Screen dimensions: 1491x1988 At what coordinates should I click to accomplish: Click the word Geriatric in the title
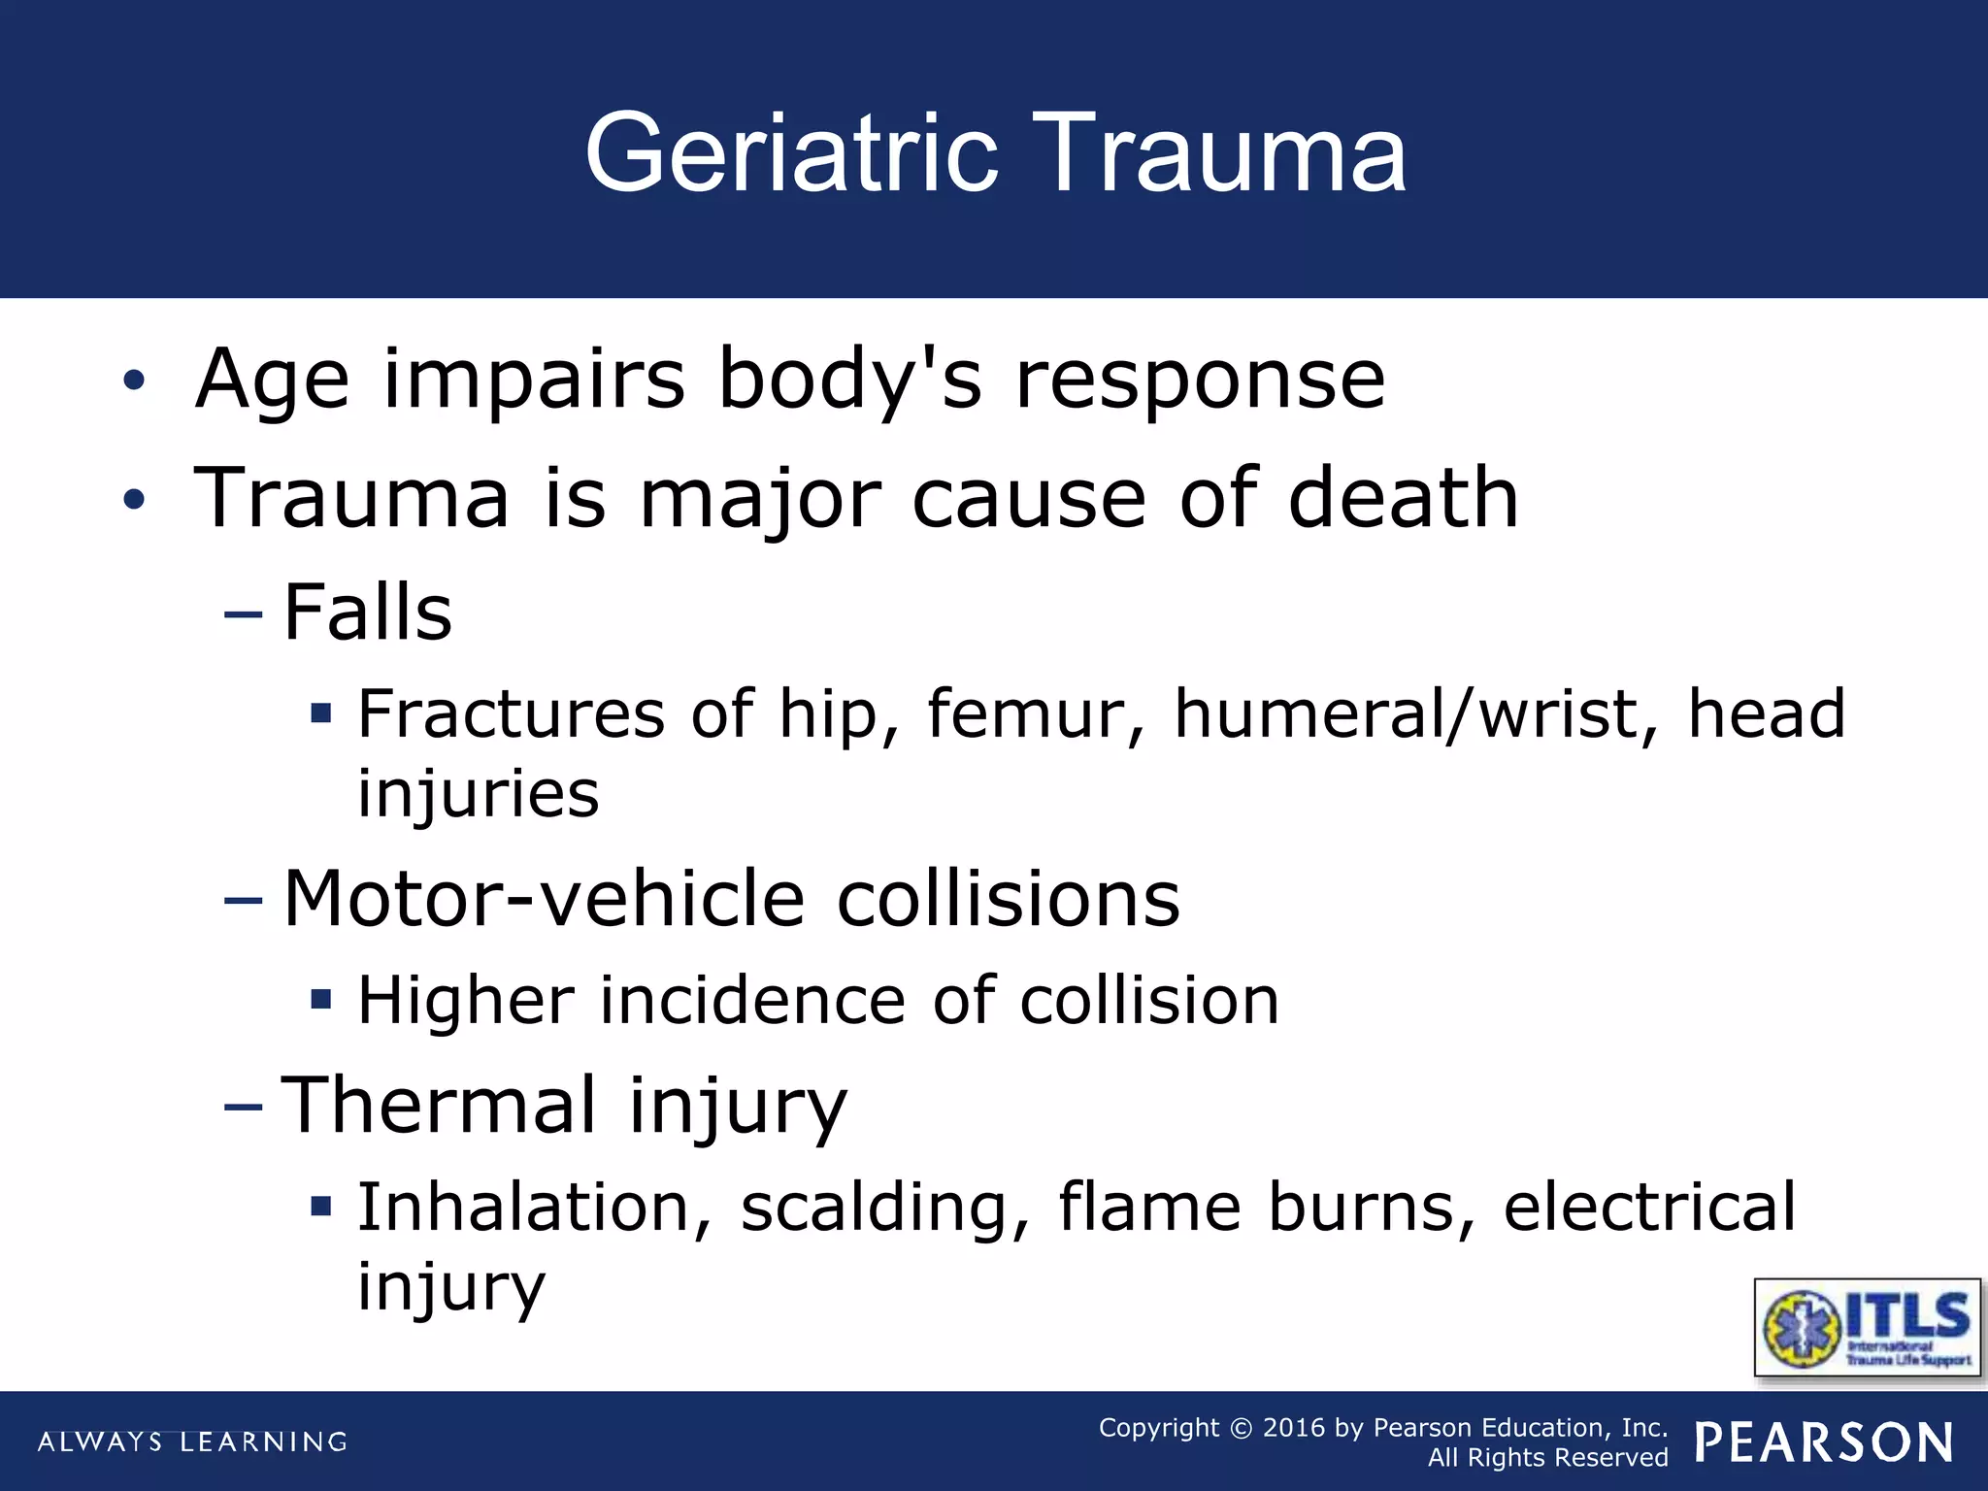click(791, 153)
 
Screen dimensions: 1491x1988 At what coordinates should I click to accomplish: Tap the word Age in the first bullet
click(272, 380)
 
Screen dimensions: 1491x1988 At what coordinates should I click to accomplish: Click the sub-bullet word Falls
click(368, 613)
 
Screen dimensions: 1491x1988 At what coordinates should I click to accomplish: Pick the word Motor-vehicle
click(544, 899)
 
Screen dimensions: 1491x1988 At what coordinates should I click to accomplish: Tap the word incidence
click(752, 1001)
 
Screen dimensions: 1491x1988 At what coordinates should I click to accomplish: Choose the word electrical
click(1649, 1209)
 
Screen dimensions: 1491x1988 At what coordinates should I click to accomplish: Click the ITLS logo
click(1868, 1327)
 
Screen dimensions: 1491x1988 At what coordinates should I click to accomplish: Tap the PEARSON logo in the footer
click(1824, 1442)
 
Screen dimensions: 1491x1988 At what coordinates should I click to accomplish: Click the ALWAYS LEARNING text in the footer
click(192, 1442)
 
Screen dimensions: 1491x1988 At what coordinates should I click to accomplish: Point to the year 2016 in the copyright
click(1293, 1428)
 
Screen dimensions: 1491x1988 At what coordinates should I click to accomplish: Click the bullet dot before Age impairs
click(134, 381)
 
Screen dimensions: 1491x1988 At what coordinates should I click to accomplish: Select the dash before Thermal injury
click(243, 1107)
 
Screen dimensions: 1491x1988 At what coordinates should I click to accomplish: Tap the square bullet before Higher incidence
click(321, 999)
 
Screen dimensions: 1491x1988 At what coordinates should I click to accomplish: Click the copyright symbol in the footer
click(1241, 1429)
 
